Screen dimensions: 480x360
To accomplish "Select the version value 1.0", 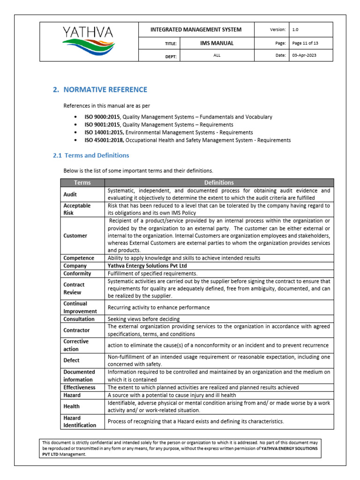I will tap(295, 30).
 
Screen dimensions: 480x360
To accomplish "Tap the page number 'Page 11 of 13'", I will tap(305, 43).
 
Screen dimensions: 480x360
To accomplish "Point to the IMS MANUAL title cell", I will tap(214, 43).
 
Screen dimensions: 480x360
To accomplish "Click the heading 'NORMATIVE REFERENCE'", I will tap(105, 90).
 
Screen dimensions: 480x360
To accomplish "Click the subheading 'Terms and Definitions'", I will tap(97, 155).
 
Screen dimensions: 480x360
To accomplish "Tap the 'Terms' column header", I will tap(82, 182).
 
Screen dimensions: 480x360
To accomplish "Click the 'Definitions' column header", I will tap(219, 182).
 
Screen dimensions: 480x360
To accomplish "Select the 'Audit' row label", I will tap(70, 194).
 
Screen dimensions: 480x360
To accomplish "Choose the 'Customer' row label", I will tap(75, 236).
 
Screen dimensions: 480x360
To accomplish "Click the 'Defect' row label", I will tap(72, 360).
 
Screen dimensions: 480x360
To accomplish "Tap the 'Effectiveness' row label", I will tap(80, 388).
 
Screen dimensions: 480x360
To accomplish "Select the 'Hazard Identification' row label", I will tap(80, 421).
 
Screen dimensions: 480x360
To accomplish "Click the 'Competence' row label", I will tap(79, 258).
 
